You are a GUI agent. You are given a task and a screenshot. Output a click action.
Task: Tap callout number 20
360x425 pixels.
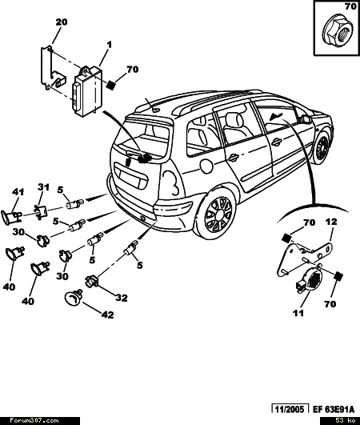pos(62,22)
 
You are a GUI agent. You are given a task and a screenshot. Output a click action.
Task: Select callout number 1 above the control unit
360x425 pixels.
pos(109,45)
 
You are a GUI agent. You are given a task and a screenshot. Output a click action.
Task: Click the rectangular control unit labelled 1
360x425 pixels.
pos(86,90)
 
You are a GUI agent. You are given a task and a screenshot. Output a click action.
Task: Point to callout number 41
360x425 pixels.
pos(18,192)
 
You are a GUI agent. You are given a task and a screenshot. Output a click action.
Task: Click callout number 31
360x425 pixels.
pos(43,187)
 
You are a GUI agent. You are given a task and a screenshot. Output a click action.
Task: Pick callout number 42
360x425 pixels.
pos(107,315)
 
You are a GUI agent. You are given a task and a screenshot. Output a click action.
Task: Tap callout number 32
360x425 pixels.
pos(122,298)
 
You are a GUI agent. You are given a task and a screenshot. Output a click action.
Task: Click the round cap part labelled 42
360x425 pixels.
pos(74,297)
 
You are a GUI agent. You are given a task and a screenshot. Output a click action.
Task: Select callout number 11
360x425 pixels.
pos(298,313)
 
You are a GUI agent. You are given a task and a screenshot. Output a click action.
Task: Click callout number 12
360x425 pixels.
pos(331,222)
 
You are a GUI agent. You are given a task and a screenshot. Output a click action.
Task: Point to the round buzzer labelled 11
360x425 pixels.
pos(310,281)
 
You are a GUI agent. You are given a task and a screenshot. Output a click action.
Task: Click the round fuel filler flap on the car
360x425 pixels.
pos(206,164)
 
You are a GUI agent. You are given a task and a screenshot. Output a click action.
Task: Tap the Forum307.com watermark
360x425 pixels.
pos(34,421)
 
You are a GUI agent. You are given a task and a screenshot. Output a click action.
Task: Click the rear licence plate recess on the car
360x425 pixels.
pos(130,176)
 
